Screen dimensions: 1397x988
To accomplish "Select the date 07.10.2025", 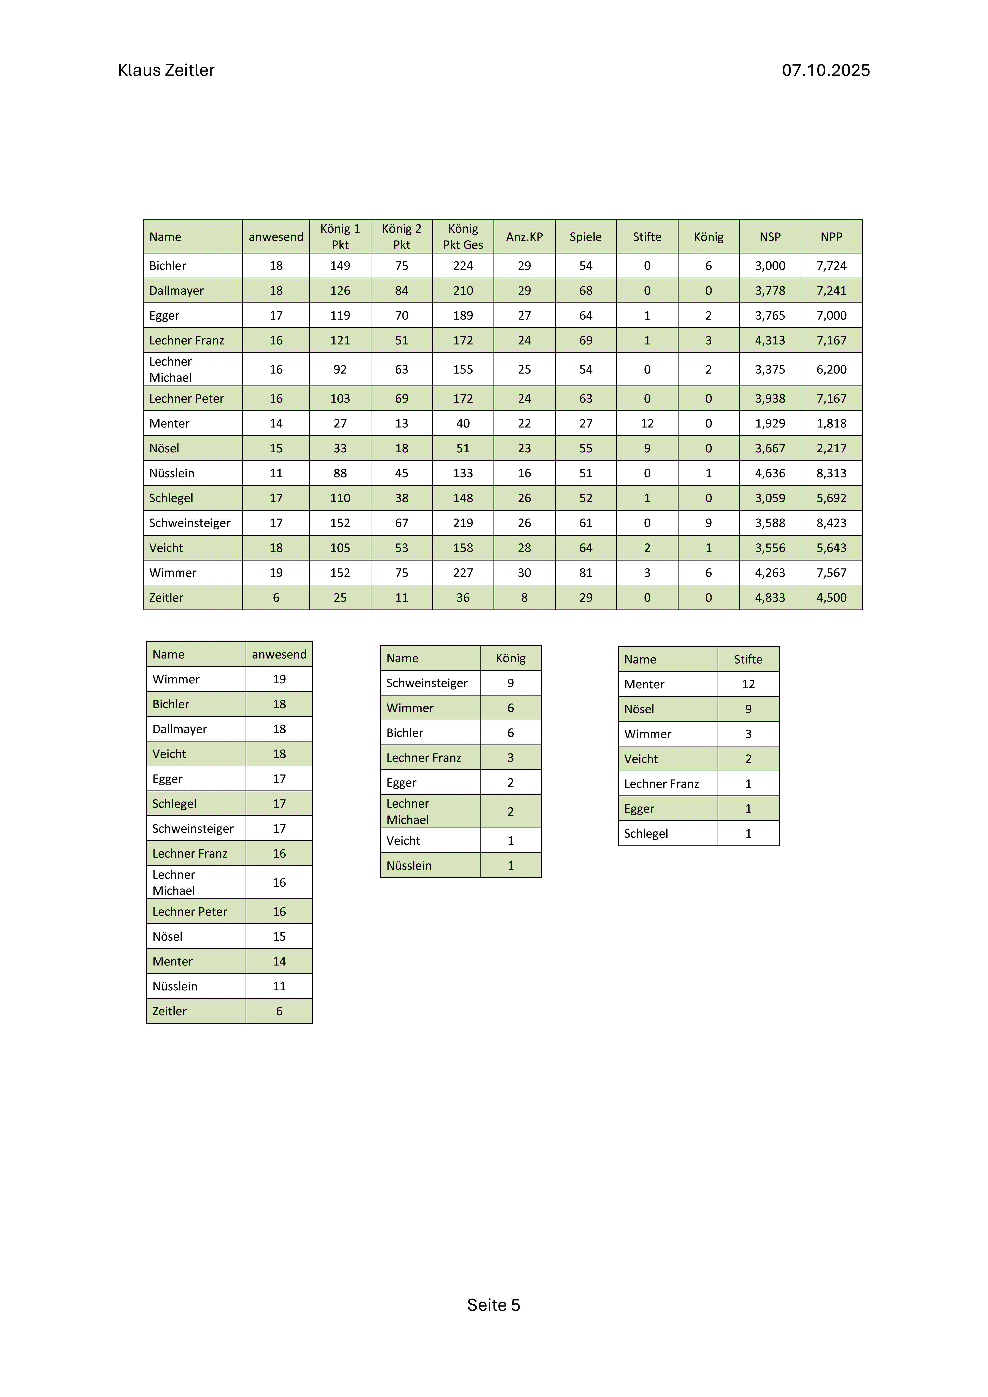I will click(x=825, y=70).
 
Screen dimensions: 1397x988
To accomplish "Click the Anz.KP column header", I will click(x=524, y=237).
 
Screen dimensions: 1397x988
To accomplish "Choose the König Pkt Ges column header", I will click(x=463, y=237).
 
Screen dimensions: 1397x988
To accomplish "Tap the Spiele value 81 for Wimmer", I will click(x=586, y=572).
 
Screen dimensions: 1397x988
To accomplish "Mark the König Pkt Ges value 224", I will click(x=463, y=266).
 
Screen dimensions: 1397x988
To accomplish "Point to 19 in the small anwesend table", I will click(x=279, y=679).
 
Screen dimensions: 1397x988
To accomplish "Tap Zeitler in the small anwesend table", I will click(x=169, y=1011).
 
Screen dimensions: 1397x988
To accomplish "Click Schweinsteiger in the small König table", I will click(x=427, y=683).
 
